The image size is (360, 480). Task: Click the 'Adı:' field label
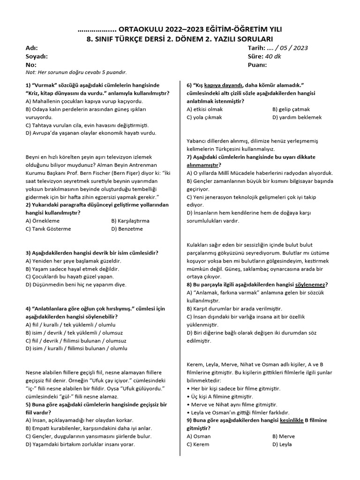(31, 48)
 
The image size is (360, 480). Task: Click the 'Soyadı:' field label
(37, 56)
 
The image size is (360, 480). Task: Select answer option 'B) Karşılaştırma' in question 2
(130, 220)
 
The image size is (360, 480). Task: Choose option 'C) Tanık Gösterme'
(48, 229)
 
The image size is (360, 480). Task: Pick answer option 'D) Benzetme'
(127, 229)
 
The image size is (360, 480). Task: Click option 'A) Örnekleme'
(43, 220)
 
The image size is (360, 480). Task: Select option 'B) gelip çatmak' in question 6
(292, 109)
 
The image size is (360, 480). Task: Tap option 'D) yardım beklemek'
(297, 117)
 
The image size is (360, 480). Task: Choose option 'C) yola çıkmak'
(204, 117)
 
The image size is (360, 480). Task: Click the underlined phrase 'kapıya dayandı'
(224, 85)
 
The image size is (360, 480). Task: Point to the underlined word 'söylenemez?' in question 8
(311, 284)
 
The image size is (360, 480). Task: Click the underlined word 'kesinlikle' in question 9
(292, 420)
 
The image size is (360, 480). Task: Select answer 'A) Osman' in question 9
(198, 436)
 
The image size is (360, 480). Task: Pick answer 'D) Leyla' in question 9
(282, 444)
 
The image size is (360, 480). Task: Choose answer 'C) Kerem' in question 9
(198, 444)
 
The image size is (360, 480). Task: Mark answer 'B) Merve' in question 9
(284, 436)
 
